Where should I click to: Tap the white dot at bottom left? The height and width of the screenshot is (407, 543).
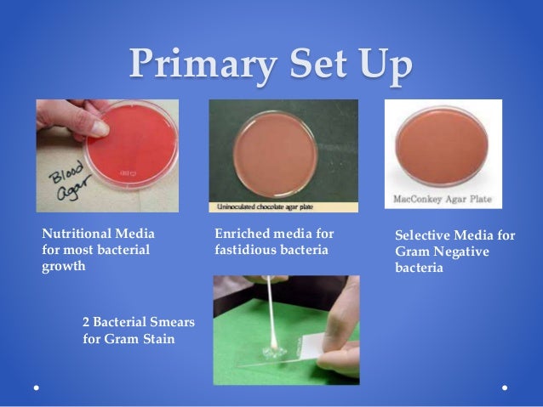(x=36, y=386)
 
